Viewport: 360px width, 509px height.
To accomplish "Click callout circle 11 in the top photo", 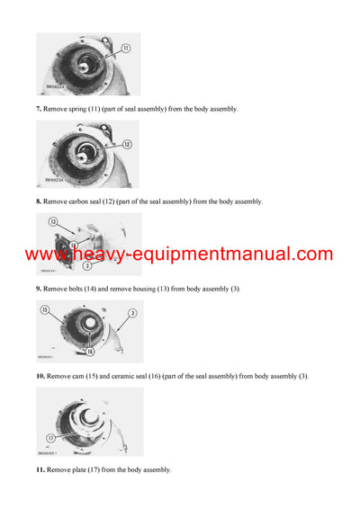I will [x=125, y=49].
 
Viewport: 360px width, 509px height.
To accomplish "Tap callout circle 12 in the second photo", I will [x=127, y=144].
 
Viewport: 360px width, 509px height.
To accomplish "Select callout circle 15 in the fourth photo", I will [x=45, y=311].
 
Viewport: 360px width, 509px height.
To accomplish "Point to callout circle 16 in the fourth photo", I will [x=89, y=351].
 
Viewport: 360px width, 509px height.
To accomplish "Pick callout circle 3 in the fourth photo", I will [x=130, y=313].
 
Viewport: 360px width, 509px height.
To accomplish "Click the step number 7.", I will [x=39, y=109].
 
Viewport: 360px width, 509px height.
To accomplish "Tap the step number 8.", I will [x=39, y=201].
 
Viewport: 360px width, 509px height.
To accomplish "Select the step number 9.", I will [x=39, y=289].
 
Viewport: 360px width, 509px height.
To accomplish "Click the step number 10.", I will [x=40, y=375].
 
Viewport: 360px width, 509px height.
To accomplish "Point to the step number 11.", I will [x=40, y=469].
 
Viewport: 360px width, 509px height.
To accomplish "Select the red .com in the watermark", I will [x=311, y=255].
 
